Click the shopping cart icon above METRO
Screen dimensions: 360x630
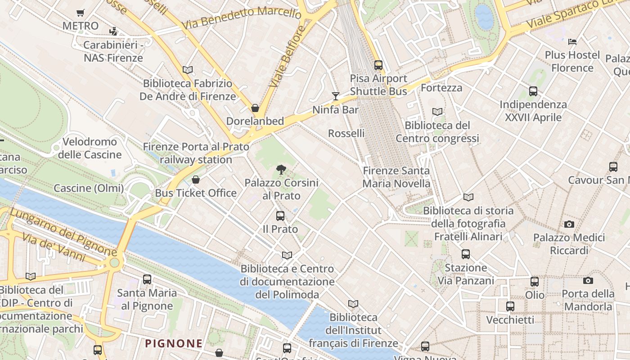(x=80, y=13)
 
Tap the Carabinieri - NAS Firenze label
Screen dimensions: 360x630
(x=113, y=51)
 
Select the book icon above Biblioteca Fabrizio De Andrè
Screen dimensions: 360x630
(x=188, y=70)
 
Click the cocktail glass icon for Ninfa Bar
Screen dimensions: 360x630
(x=335, y=95)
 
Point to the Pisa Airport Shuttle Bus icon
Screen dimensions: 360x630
(x=378, y=65)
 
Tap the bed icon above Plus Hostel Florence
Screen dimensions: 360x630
(x=572, y=42)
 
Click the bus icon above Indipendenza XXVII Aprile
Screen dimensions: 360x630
(x=533, y=91)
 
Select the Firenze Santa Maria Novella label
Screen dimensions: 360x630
(x=396, y=177)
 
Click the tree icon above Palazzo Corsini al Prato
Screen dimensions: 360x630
(x=281, y=170)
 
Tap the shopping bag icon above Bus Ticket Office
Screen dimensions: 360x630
(x=196, y=180)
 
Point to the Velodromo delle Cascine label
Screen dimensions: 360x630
(x=90, y=148)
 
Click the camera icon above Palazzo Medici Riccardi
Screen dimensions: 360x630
(x=569, y=224)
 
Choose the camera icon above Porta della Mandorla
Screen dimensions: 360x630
(x=588, y=280)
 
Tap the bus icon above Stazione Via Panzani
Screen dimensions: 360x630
(x=466, y=254)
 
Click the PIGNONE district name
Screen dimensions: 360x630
(x=173, y=343)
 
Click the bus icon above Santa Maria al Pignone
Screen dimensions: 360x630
(x=147, y=279)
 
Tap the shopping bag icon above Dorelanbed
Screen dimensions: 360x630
(x=255, y=108)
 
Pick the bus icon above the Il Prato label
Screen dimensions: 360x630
(x=280, y=216)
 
